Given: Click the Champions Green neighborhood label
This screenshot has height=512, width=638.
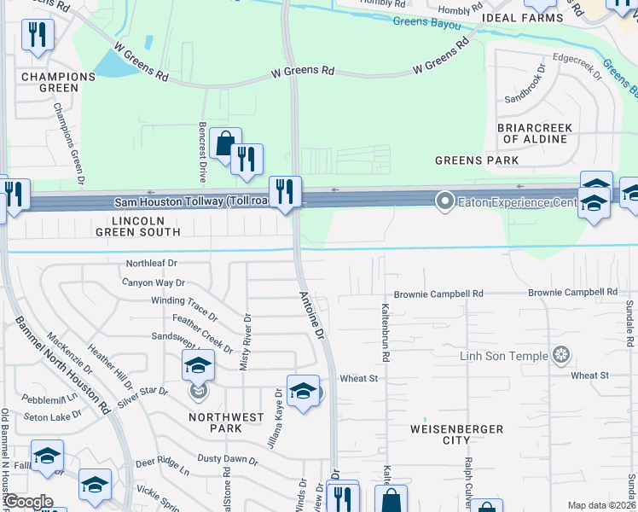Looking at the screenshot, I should tap(58, 82).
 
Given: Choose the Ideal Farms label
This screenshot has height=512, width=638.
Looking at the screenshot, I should tap(516, 16).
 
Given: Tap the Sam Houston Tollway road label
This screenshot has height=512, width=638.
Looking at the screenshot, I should tap(192, 202).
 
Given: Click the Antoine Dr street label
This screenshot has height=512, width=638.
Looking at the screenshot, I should tap(311, 316).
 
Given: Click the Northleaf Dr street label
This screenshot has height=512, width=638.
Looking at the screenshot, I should tap(151, 264).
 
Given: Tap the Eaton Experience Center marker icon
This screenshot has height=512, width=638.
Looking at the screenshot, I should tap(444, 202).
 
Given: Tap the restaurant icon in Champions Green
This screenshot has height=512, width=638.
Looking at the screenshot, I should tap(37, 34).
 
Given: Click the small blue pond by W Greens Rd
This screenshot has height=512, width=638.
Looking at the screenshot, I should tap(109, 62).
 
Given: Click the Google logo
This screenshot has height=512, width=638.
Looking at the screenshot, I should tap(28, 502).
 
